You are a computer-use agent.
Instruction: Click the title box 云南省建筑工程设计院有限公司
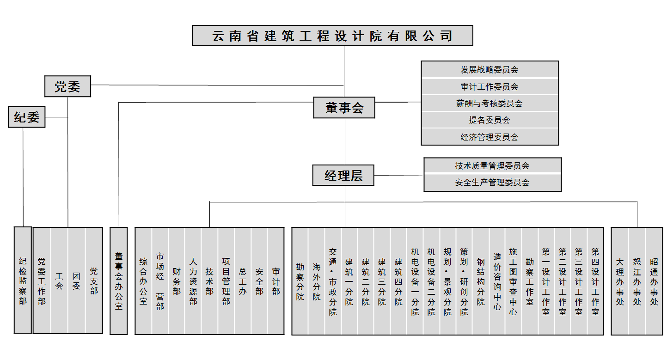[332, 36]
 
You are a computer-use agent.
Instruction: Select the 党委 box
[67, 86]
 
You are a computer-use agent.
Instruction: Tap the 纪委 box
[27, 117]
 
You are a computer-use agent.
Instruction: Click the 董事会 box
[344, 108]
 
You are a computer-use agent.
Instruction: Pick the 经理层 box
[343, 176]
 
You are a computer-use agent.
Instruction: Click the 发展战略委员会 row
[490, 70]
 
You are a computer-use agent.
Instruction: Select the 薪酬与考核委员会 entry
[490, 104]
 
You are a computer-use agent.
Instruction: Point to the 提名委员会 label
[490, 120]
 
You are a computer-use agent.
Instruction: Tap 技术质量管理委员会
[493, 165]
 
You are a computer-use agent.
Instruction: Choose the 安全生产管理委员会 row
[493, 182]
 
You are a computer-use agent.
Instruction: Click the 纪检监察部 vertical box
[23, 280]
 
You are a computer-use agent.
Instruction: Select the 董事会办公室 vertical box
[118, 281]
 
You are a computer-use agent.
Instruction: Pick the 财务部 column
[177, 281]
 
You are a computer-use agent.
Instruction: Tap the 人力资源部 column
[193, 281]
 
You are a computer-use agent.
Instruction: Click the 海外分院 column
[317, 281]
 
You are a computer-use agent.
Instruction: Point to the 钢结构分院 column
[481, 281]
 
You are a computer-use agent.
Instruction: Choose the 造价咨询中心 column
[497, 281]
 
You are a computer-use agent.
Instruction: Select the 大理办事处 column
[620, 281]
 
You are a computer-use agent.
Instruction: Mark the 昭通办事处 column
[654, 281]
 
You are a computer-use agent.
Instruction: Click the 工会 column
[59, 281]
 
